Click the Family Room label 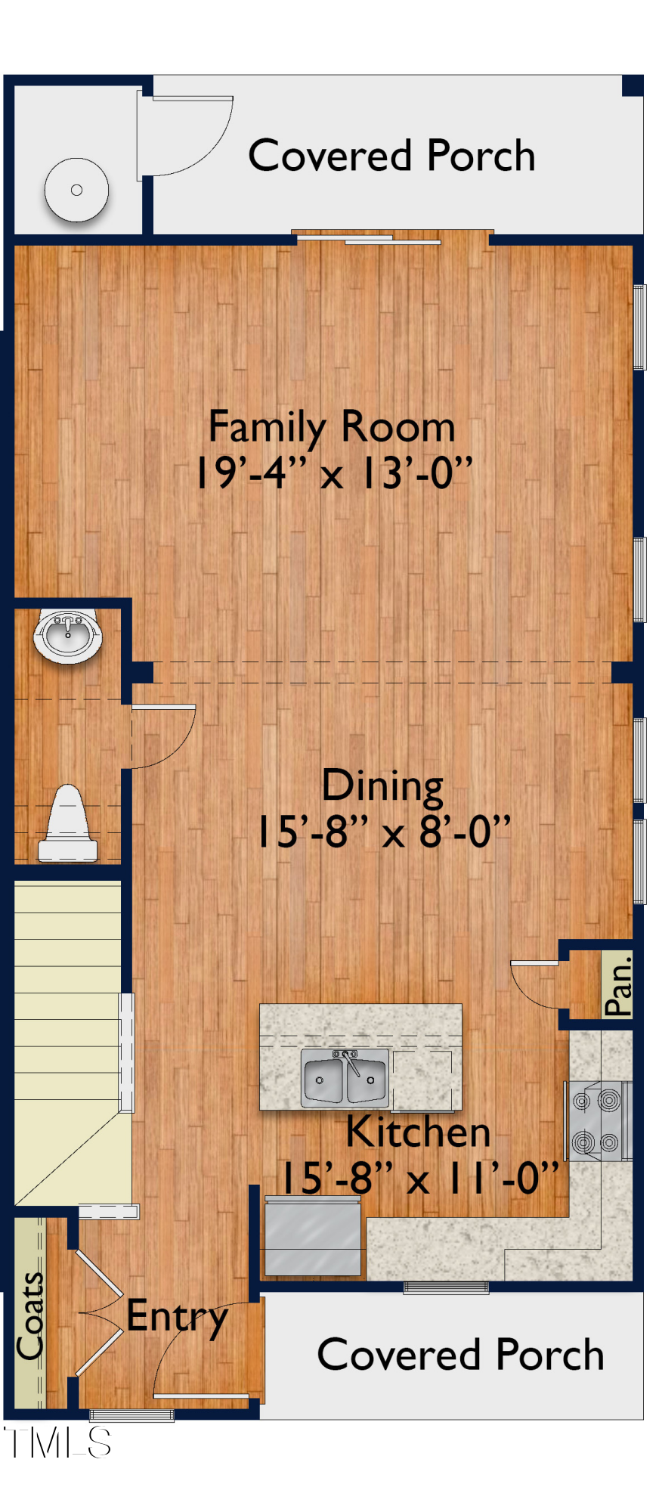331,427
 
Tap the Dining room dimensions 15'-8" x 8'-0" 384,832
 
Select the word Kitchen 418,1132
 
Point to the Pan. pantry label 618,986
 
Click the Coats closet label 30,1315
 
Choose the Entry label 177,1318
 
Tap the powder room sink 67,635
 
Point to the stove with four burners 597,1120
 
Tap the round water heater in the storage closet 76,190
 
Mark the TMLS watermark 57,1442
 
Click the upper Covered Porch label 391,156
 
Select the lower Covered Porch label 460,1355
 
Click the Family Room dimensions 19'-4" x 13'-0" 333,473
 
